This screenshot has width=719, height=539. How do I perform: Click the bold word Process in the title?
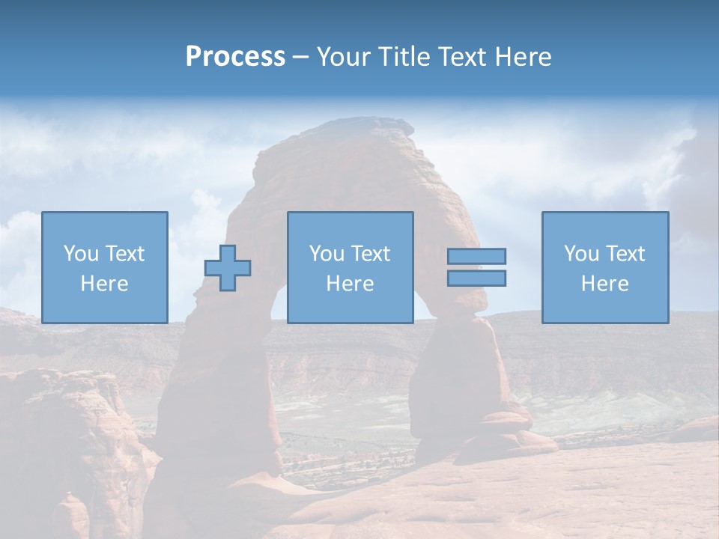point(235,57)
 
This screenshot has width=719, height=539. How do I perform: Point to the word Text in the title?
point(464,57)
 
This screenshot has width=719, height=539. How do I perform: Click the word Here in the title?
point(524,57)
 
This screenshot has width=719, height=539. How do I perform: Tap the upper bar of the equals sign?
point(476,256)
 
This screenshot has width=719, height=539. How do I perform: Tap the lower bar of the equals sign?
point(476,278)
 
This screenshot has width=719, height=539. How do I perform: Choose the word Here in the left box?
point(104,284)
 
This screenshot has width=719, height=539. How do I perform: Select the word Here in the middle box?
point(350,284)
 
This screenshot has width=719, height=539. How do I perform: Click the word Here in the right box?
point(604,284)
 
